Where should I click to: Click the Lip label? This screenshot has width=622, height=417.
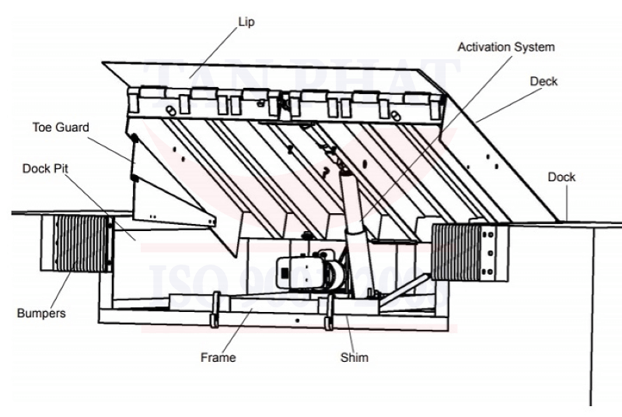point(246,23)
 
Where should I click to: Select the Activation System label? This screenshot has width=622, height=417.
point(506,47)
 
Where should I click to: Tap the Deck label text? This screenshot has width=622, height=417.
point(543,82)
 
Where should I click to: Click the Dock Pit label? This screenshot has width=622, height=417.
point(44,167)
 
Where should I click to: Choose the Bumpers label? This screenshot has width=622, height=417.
point(40,314)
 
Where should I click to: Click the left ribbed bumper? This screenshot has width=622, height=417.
point(76,243)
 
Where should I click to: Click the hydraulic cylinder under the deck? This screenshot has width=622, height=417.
point(354,226)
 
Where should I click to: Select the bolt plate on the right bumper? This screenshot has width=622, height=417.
point(490,252)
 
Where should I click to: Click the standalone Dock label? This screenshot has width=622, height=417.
point(561,177)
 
